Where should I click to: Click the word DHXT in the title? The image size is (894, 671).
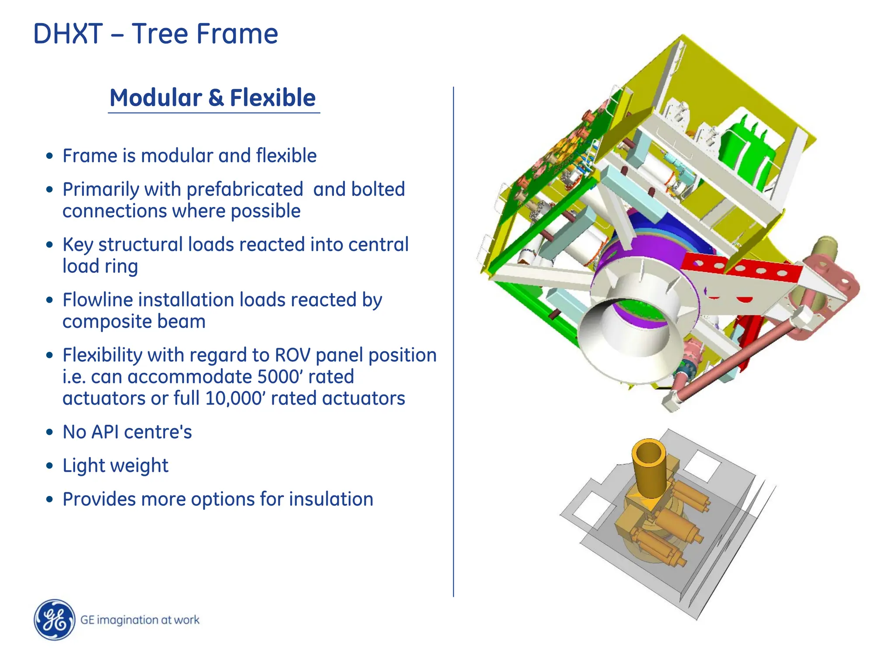[x=68, y=34]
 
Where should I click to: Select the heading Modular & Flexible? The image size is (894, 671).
[x=213, y=98]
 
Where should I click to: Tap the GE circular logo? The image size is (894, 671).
[x=55, y=619]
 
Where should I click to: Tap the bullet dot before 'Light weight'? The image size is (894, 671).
[x=50, y=466]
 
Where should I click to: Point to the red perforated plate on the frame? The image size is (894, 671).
[x=742, y=267]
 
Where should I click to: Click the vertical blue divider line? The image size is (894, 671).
[x=454, y=341]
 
